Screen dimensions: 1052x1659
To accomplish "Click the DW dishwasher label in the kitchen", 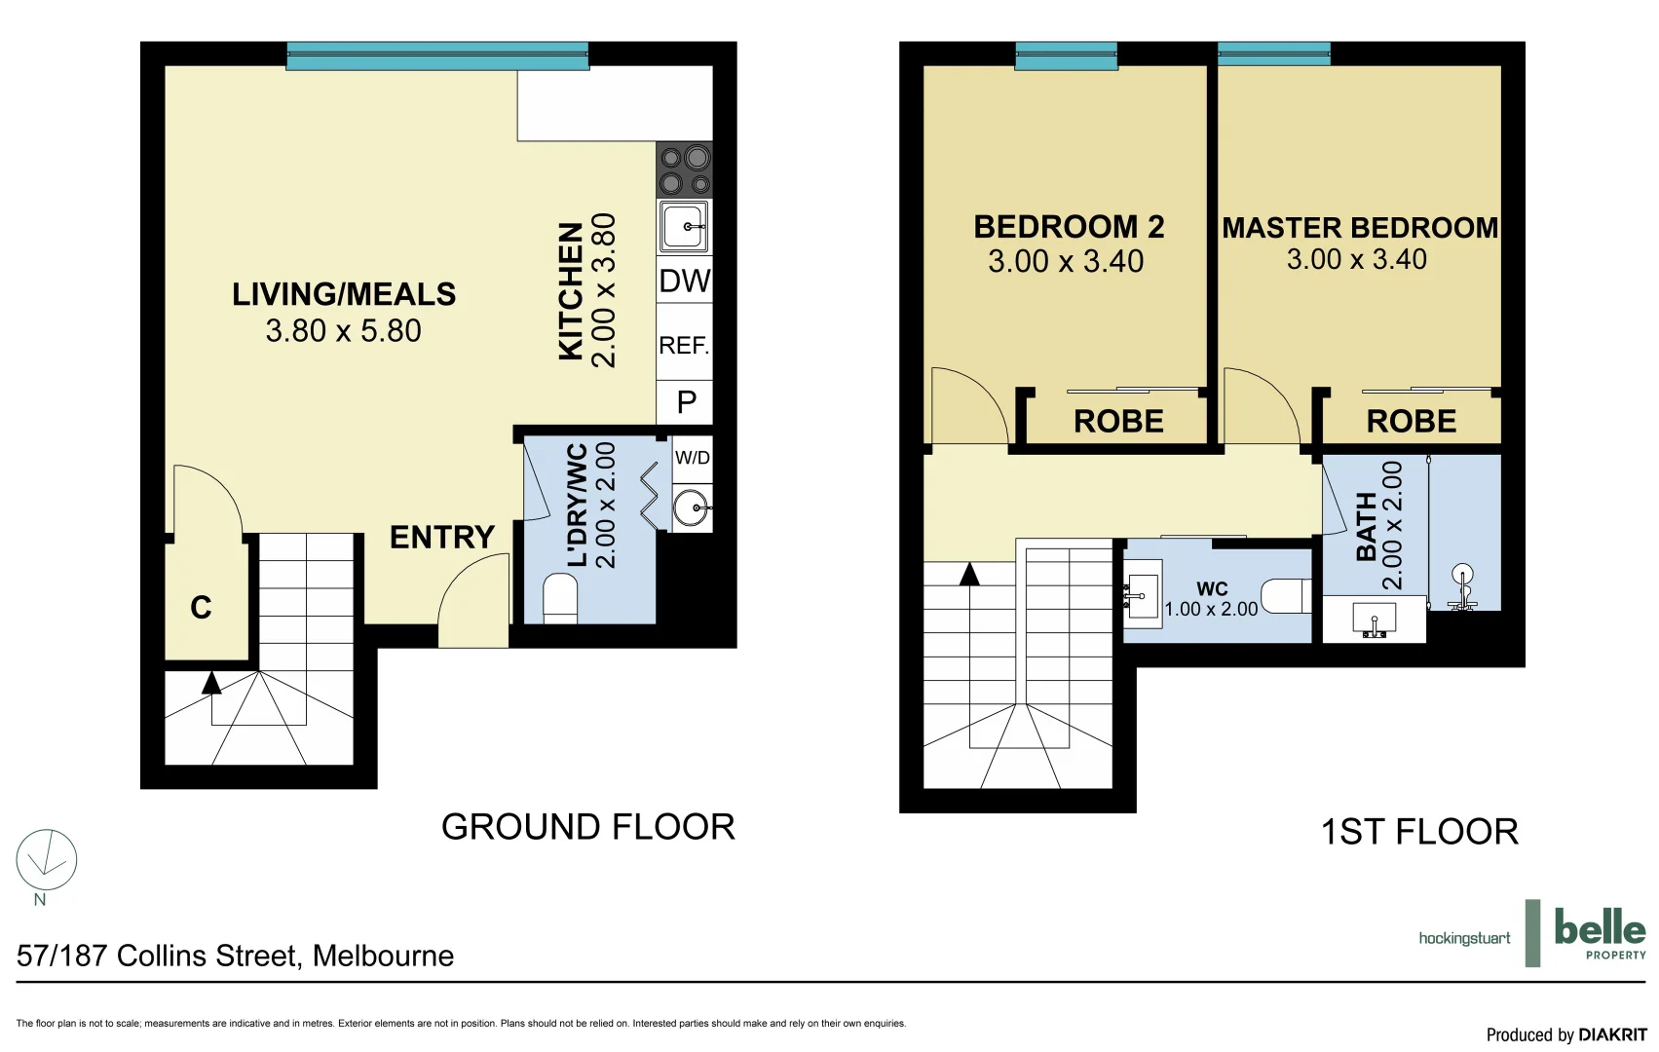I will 685,282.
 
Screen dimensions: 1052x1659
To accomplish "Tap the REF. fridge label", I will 684,346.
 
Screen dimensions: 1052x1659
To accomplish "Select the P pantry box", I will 686,402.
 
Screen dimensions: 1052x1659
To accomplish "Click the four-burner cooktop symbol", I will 685,169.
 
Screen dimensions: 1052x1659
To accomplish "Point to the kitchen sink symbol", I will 685,227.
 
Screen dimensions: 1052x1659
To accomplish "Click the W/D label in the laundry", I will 693,458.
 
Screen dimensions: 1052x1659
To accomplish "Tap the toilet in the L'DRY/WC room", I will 560,598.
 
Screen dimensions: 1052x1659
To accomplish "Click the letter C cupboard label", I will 201,608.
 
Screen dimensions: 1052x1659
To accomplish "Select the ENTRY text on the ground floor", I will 442,538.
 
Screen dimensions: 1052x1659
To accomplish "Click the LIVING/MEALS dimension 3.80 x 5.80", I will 343,331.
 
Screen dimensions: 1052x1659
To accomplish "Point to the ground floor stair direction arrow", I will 211,683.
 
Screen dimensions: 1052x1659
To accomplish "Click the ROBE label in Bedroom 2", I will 1118,422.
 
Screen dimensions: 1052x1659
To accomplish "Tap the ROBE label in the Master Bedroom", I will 1411,422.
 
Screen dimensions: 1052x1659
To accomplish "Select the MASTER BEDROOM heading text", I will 1360,228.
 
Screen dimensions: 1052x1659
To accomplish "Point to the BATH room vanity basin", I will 1375,620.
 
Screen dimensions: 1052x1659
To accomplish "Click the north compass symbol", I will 46,860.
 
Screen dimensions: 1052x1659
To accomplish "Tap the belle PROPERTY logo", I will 1600,933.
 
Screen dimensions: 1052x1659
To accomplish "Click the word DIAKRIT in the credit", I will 1612,1034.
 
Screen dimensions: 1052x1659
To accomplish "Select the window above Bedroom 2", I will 1066,56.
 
